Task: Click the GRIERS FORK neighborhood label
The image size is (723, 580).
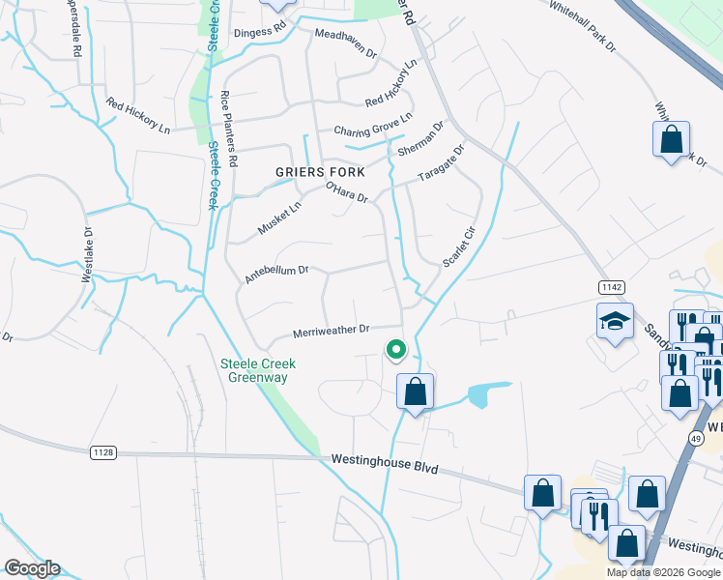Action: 320,172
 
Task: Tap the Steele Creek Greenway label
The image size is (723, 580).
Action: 257,371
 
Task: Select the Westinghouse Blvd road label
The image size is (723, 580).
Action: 384,463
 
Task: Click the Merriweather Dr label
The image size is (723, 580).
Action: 332,331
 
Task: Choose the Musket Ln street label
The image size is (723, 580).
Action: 279,217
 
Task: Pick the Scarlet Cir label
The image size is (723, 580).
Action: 459,247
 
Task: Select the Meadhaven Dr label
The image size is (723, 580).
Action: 345,43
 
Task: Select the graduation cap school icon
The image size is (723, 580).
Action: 615,322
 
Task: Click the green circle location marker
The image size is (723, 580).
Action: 394,350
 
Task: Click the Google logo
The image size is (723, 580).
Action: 32,568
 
